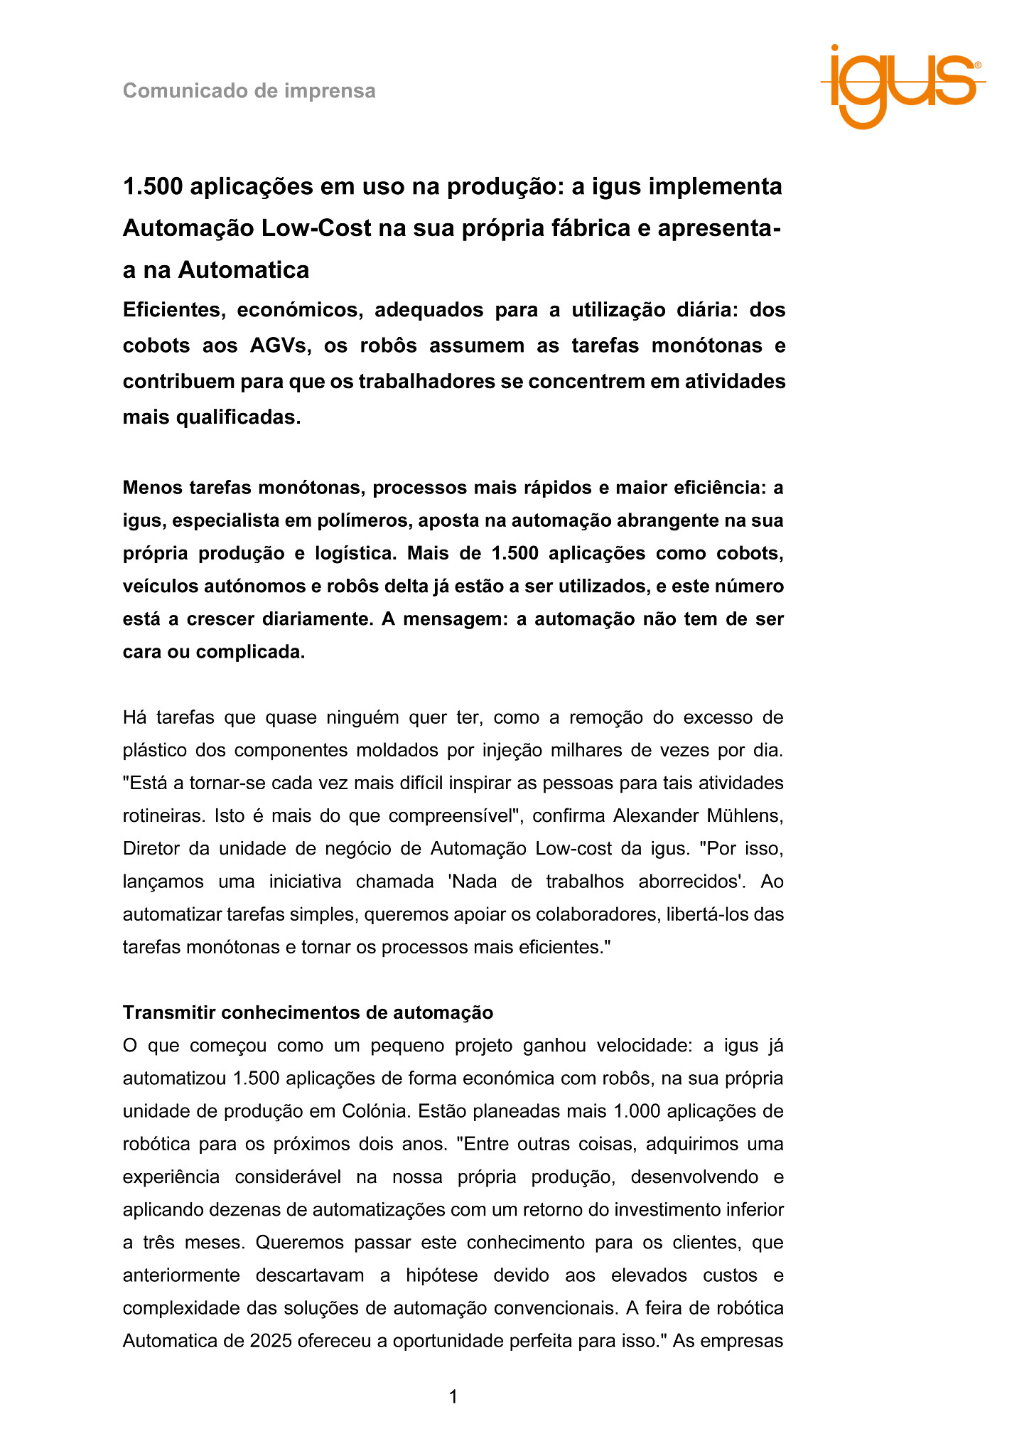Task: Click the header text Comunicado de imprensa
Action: click(249, 91)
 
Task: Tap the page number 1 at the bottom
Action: click(453, 1397)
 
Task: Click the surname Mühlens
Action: click(746, 815)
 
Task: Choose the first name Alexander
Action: click(652, 815)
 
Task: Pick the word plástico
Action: click(156, 750)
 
